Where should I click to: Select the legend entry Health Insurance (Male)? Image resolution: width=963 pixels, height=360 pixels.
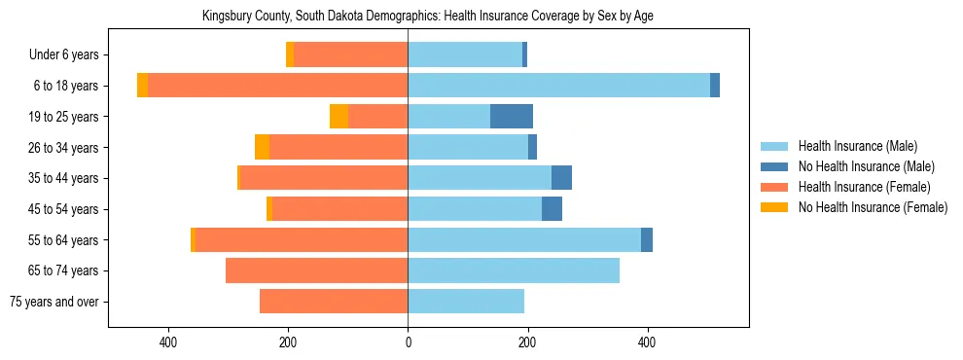[857, 146]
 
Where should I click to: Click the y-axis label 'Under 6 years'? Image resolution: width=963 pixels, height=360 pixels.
[63, 55]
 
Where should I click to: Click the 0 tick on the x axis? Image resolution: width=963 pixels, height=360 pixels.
[408, 342]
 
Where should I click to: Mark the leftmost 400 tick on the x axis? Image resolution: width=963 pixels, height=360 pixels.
[168, 342]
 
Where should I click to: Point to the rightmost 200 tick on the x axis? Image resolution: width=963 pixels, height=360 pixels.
[527, 342]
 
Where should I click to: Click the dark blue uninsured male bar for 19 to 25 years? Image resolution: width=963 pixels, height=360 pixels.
[512, 117]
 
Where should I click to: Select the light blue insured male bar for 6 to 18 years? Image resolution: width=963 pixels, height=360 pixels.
[558, 86]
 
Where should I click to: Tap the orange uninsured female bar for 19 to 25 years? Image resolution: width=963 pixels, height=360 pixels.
[339, 117]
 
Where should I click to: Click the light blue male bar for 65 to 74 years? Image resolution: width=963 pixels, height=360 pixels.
[514, 270]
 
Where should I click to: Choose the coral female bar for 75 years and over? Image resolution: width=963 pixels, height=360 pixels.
[334, 302]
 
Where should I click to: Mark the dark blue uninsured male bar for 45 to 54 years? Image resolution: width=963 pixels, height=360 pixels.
[552, 209]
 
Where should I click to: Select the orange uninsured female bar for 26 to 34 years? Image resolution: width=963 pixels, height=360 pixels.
[262, 147]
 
